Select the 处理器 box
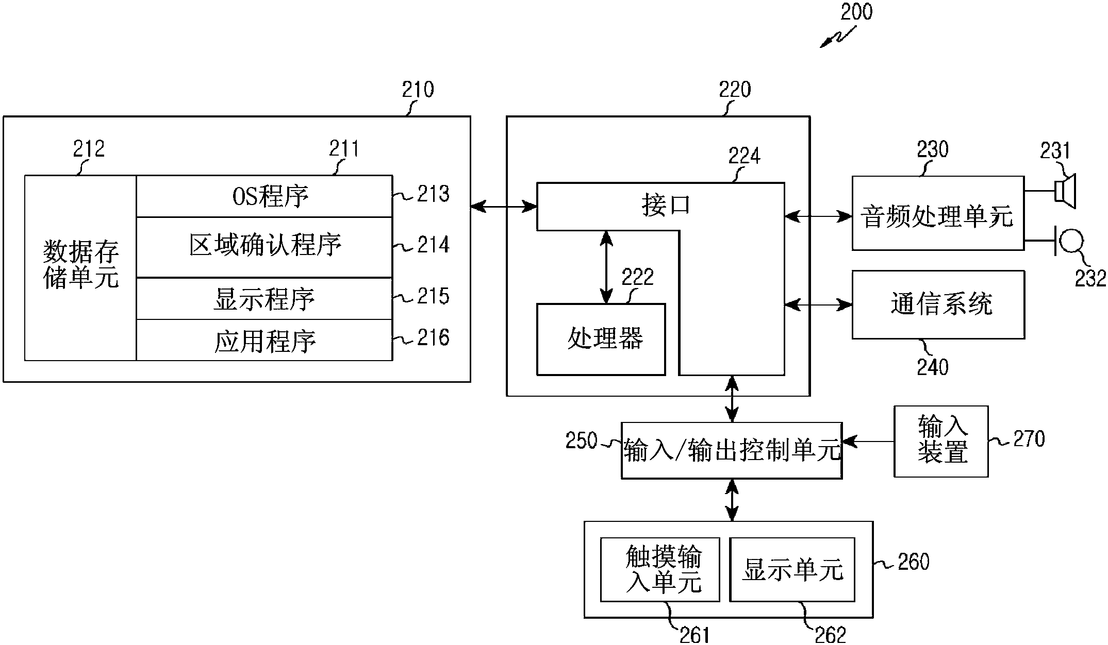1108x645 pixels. pos(601,339)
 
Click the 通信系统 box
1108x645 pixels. pos(938,304)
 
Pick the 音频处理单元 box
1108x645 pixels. pos(938,214)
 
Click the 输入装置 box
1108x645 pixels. pos(941,441)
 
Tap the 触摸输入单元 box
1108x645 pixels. pos(660,570)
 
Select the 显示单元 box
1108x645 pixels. pos(792,570)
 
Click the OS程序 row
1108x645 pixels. pos(264,196)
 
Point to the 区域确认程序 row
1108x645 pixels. pos(264,246)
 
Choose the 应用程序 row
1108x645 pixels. pos(264,341)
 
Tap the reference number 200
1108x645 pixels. pos(856,12)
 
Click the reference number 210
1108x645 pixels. pos(418,90)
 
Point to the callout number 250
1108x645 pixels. pos(581,441)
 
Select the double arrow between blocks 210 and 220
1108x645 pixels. pos(504,207)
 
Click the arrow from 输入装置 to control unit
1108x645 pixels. pos(868,442)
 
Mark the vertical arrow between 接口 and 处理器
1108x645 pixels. pos(607,267)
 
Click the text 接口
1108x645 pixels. pos(666,205)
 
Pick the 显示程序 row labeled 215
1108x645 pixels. pos(264,299)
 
